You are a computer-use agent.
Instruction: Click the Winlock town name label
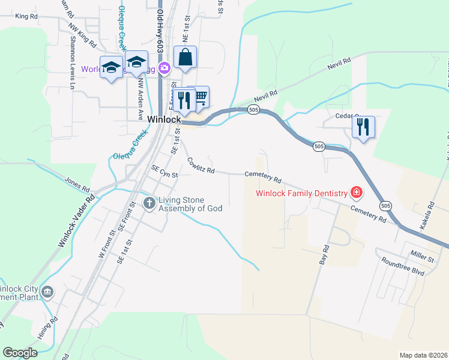[164, 119]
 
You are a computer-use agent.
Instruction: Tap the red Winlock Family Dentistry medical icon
[357, 193]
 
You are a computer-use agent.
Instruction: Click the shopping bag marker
[185, 59]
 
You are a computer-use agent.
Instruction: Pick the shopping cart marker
[200, 97]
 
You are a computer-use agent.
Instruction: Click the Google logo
[20, 353]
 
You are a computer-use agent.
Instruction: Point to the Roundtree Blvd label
[401, 266]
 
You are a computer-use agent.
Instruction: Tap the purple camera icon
[164, 68]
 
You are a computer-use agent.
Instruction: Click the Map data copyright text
[423, 355]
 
